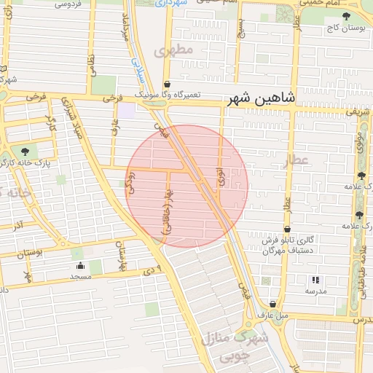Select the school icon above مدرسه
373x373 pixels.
coord(315,279)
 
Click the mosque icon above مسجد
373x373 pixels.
coord(79,265)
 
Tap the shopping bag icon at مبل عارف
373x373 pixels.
coord(273,304)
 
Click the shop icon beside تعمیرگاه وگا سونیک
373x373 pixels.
coord(167,84)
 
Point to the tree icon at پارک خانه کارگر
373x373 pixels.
coord(25,150)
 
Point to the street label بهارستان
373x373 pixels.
coord(122,254)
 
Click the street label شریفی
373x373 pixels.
coord(358,113)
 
